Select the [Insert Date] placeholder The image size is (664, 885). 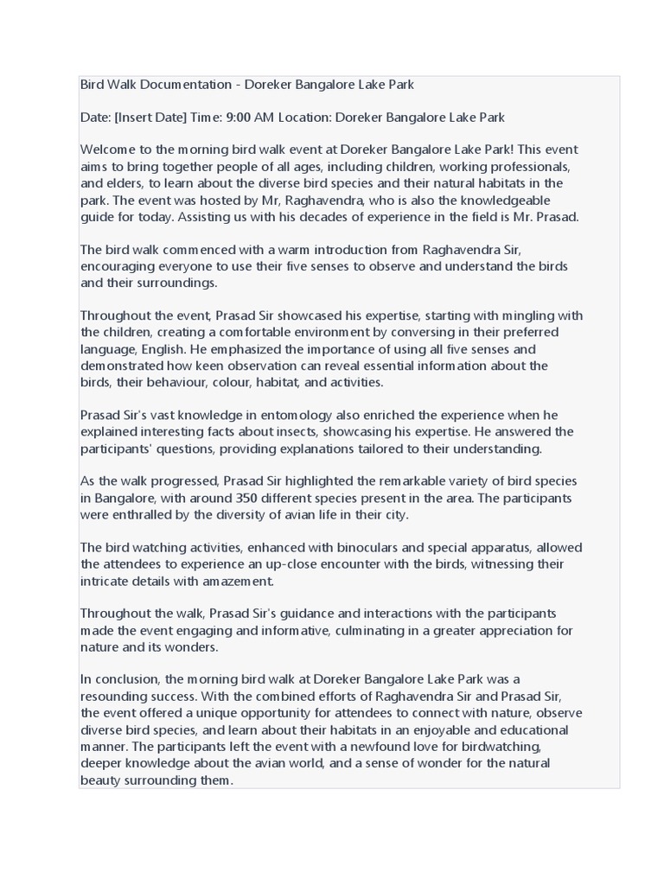[x=150, y=117]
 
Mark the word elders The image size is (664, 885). [x=130, y=183]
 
